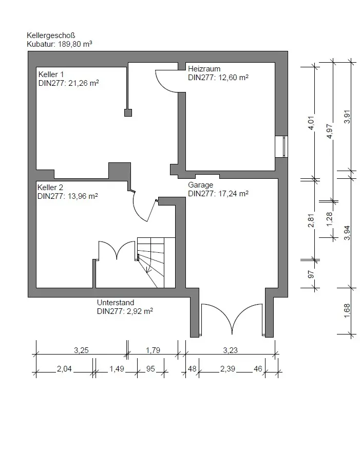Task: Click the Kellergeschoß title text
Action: pos(51,35)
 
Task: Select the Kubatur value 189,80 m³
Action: pos(75,44)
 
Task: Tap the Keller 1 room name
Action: pos(51,74)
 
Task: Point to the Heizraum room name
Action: pos(204,69)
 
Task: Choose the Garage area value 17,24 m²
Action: pos(233,194)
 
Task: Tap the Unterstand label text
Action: pos(116,303)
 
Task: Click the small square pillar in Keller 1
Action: pos(128,113)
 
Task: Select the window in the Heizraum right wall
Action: pos(281,146)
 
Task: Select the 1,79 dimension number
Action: pos(153,350)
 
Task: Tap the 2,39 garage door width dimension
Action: pos(228,368)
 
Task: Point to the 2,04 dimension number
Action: pos(64,368)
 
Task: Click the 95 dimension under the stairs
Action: pos(150,368)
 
